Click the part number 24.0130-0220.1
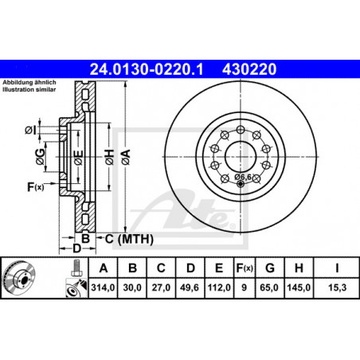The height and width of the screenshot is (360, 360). point(147,69)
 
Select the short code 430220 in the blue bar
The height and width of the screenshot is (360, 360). point(249,69)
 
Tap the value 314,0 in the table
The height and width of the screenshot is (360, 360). point(103,288)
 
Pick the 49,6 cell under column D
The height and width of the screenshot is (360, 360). point(190,288)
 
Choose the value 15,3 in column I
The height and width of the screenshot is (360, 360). point(338,288)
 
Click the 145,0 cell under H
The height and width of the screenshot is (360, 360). point(299,288)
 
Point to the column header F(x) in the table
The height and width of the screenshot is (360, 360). point(245,268)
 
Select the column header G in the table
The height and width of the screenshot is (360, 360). point(270,268)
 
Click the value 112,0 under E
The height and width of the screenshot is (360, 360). point(219,288)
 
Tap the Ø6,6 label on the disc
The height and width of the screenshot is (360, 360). point(243,177)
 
